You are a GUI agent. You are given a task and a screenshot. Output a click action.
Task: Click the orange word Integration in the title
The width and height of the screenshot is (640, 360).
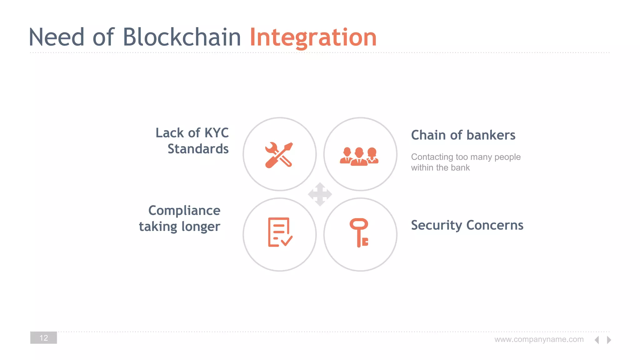(313, 37)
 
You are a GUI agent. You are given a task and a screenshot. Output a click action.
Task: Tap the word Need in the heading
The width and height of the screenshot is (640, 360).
(57, 37)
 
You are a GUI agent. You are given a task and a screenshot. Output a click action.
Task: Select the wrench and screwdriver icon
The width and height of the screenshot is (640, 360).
(279, 155)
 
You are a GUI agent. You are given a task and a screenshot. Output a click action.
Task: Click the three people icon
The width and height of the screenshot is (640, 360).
(359, 156)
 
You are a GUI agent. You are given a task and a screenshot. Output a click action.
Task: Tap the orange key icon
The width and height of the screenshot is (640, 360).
(359, 232)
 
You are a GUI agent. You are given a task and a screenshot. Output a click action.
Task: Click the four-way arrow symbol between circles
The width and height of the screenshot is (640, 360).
(320, 194)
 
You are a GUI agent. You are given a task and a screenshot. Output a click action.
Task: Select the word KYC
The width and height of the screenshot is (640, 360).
(216, 133)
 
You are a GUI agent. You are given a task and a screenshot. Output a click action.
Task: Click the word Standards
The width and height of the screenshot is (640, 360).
(198, 149)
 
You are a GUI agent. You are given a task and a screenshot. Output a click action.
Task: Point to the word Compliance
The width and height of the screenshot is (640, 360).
(184, 210)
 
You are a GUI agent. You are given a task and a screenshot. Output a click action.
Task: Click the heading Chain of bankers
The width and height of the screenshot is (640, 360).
(463, 135)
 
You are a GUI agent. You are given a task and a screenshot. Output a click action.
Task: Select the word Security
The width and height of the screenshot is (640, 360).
(436, 225)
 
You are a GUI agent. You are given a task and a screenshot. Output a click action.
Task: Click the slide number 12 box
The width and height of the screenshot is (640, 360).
(43, 338)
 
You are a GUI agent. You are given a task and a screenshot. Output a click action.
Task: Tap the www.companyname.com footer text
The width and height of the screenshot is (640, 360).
(539, 339)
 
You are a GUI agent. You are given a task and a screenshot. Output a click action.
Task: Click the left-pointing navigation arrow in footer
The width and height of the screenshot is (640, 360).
(597, 340)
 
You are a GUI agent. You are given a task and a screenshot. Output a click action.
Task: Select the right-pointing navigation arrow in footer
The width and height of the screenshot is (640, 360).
(609, 340)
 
